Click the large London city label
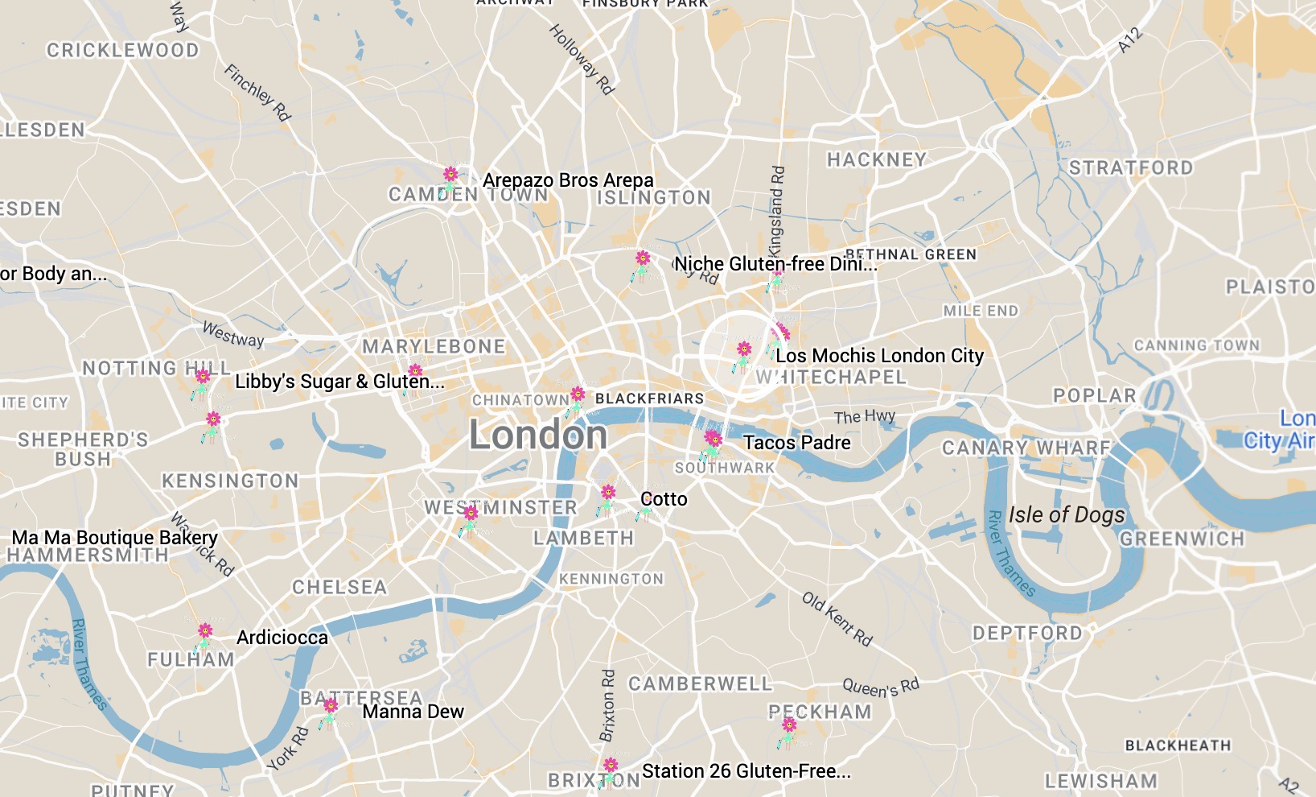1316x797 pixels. click(538, 436)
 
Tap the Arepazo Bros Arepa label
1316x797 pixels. click(568, 180)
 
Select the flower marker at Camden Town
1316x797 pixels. click(450, 176)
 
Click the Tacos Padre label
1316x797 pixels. click(797, 443)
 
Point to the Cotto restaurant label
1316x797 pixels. click(664, 499)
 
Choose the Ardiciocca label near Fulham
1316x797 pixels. click(282, 638)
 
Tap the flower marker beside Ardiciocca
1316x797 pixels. click(205, 631)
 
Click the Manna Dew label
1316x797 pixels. click(413, 712)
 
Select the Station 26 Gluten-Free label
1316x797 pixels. click(746, 771)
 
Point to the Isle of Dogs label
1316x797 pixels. click(1067, 515)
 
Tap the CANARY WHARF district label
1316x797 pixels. click(1026, 448)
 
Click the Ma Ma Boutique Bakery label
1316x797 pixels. click(114, 538)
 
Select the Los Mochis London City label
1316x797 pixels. click(879, 356)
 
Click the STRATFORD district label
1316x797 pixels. click(1130, 168)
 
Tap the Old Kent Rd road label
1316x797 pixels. click(837, 618)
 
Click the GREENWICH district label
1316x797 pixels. click(1181, 539)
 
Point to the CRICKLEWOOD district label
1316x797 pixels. click(122, 51)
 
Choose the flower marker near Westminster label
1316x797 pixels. click(471, 514)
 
